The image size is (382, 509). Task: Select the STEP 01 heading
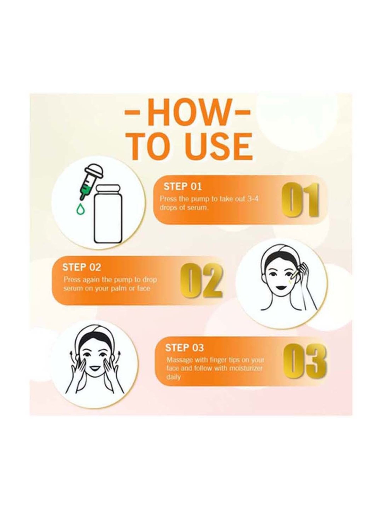(x=183, y=187)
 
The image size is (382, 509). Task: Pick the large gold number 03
(x=305, y=361)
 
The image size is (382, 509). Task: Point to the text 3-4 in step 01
(x=253, y=199)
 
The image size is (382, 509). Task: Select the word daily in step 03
(x=173, y=377)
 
